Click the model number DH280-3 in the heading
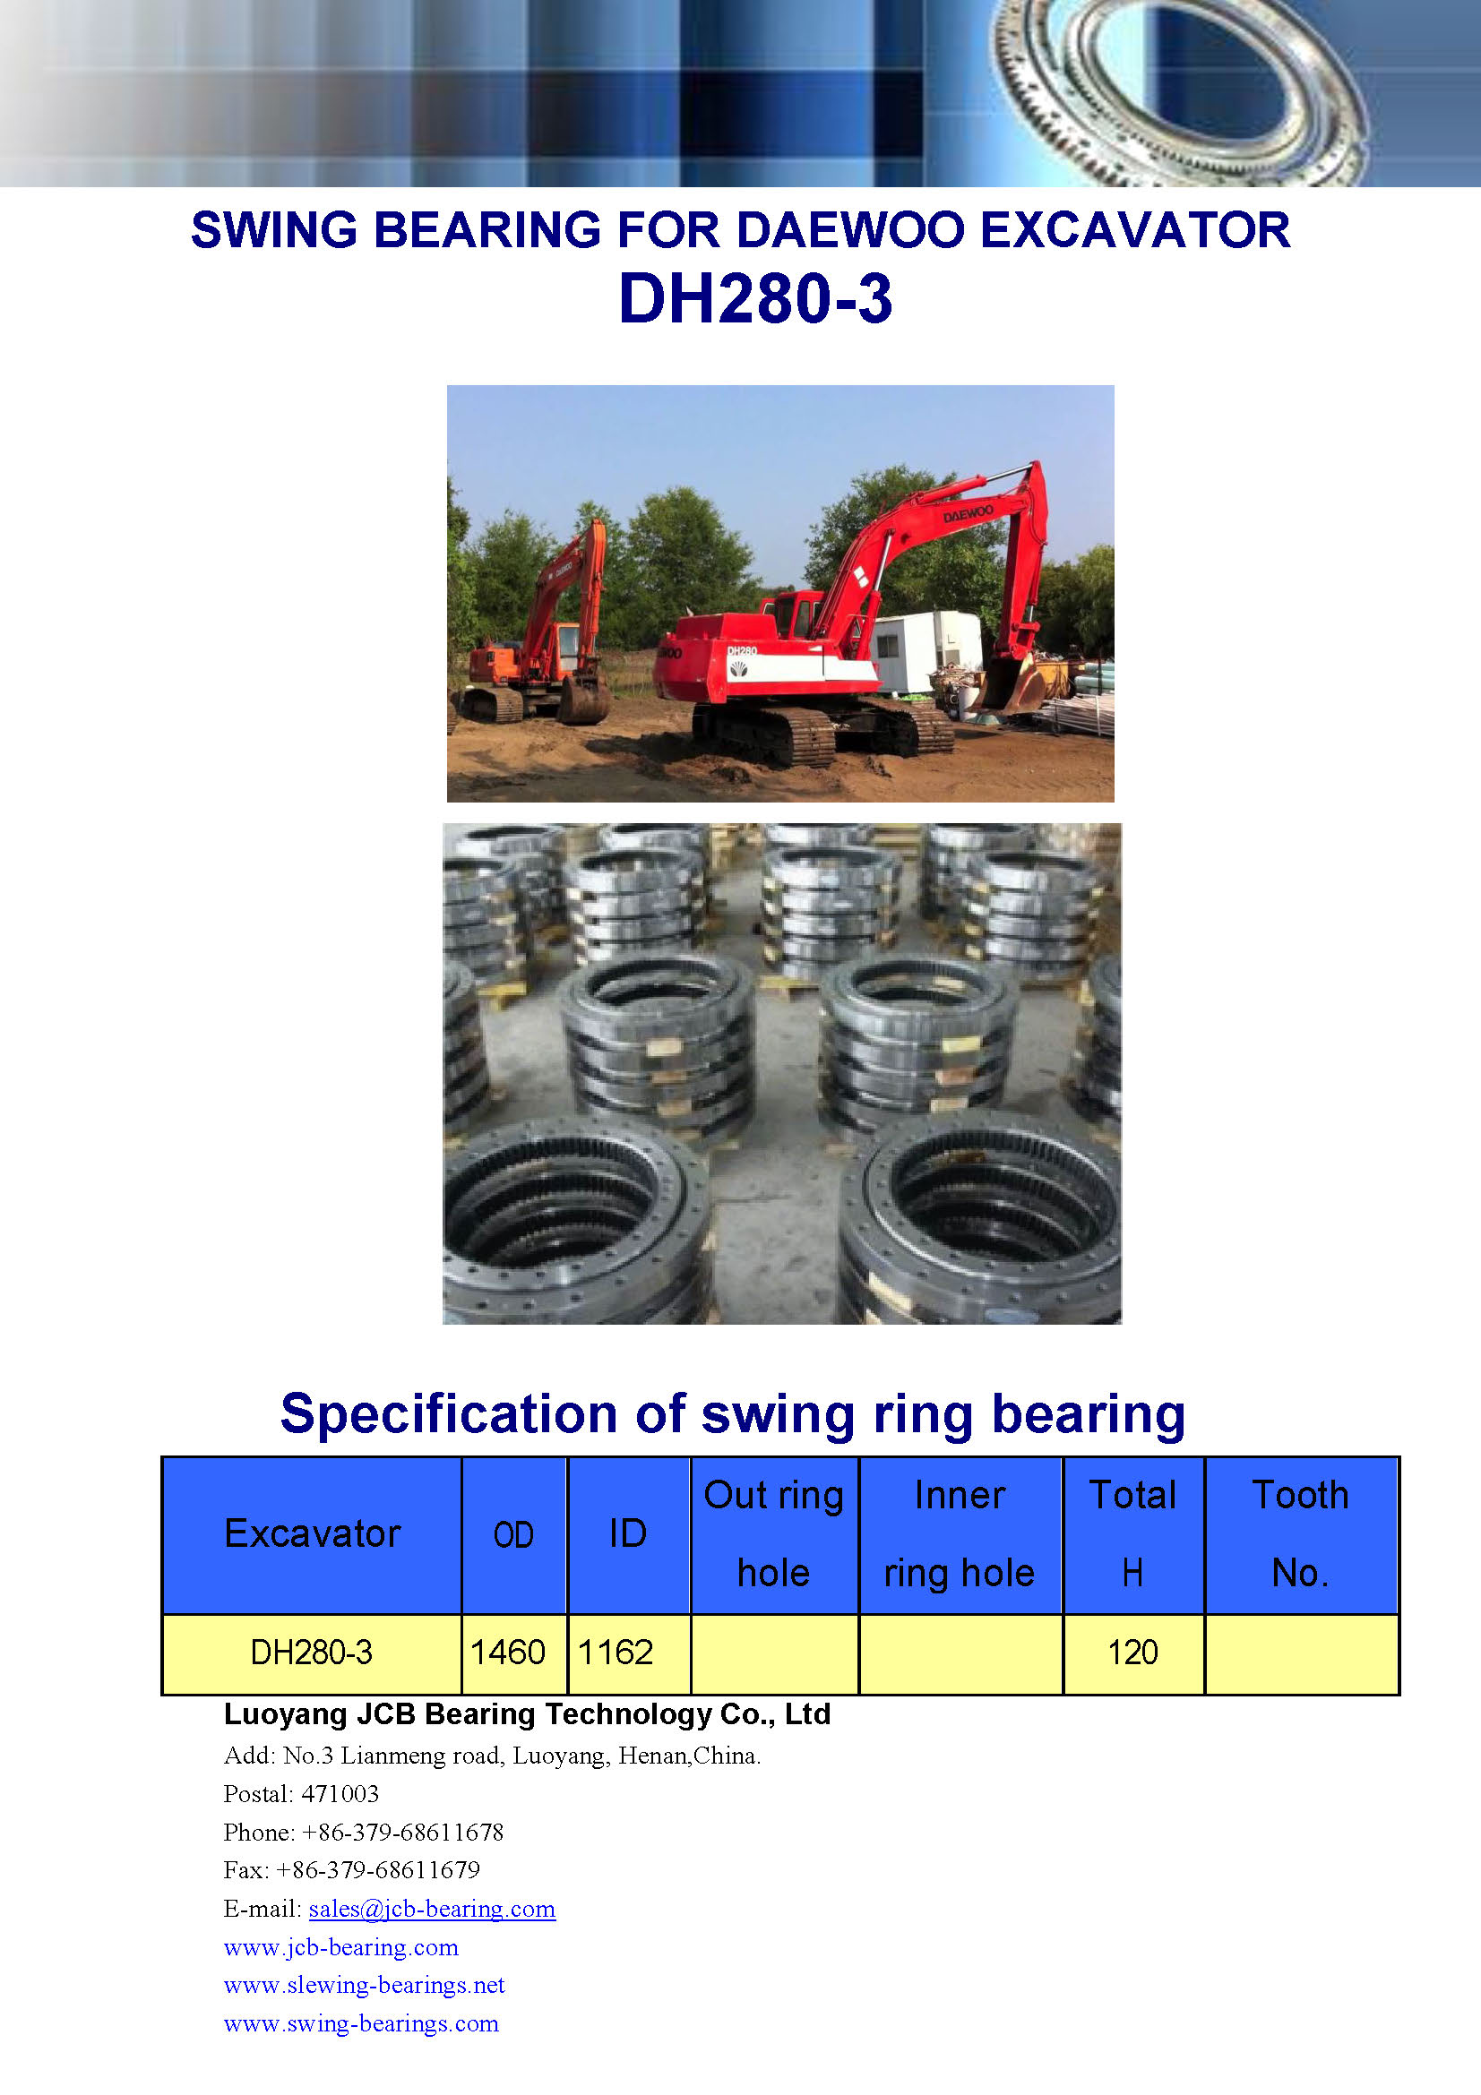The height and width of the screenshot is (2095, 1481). coord(754,299)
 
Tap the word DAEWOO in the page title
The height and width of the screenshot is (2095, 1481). coord(849,230)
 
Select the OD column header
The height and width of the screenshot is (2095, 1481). coord(513,1536)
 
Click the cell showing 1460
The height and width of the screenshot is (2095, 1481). coord(508,1653)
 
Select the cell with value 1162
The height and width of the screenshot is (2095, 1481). coord(616,1653)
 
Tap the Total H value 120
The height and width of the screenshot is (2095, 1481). coord(1132,1653)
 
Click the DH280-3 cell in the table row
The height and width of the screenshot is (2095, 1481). coord(311,1653)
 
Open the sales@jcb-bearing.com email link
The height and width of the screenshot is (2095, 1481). coord(432,1909)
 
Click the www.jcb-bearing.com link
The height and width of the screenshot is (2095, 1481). coord(341,1947)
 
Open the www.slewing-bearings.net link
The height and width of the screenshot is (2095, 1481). coord(364,1985)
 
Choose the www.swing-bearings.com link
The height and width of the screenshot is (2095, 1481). coord(361,2023)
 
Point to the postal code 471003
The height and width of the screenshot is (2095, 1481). coord(340,1794)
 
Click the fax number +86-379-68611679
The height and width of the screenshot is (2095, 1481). coord(378,1870)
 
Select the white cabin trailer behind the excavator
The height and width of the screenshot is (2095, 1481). coord(924,649)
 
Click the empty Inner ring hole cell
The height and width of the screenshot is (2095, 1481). coord(960,1653)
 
